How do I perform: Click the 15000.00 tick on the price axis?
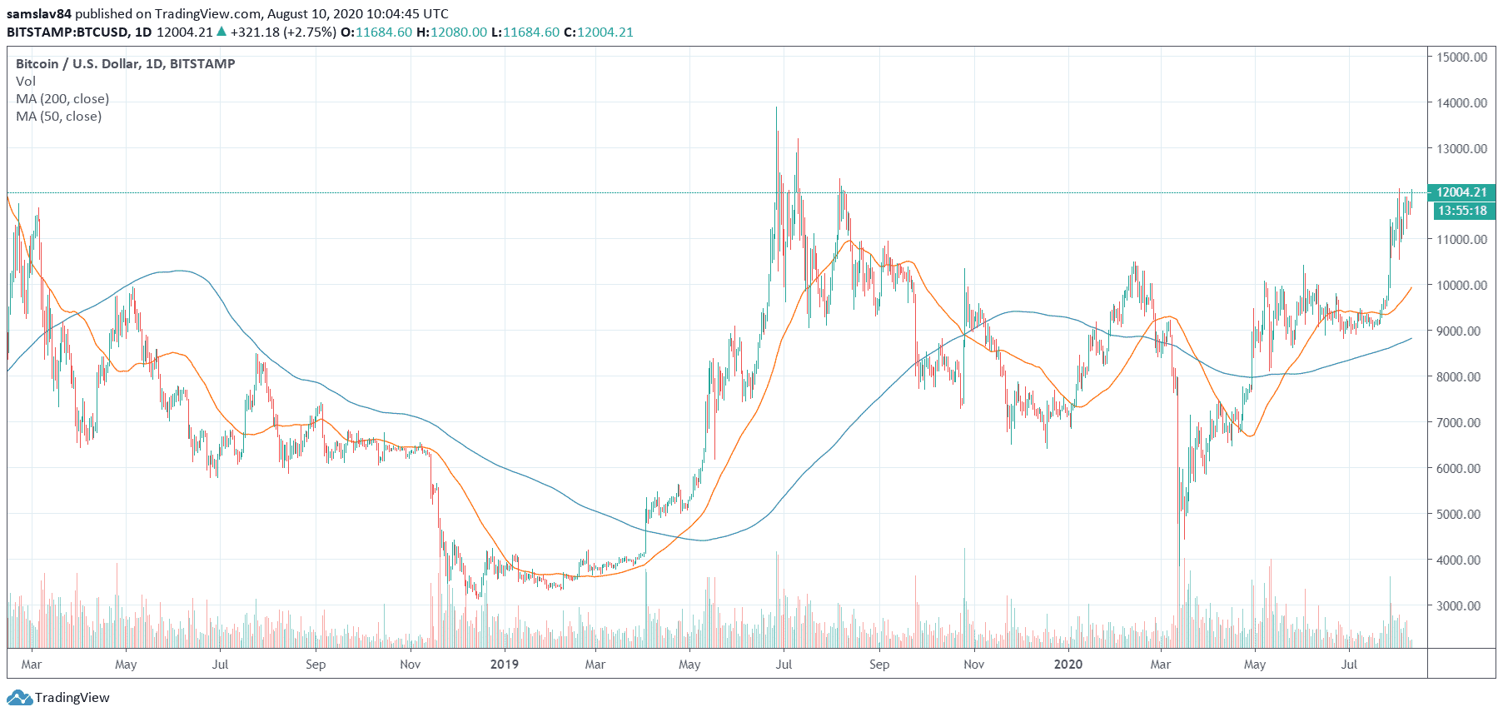(x=1461, y=57)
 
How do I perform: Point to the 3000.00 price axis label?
(x=1461, y=605)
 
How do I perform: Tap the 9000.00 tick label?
(x=1461, y=331)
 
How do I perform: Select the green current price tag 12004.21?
(x=1461, y=192)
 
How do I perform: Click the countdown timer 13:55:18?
(x=1461, y=211)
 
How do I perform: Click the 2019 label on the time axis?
(x=504, y=665)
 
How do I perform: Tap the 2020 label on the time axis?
(x=1068, y=665)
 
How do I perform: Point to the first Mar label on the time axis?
(x=32, y=665)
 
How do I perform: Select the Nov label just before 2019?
(x=410, y=665)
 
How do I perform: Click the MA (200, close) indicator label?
(x=62, y=99)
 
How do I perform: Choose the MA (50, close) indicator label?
(x=58, y=117)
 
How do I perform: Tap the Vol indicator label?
(x=26, y=82)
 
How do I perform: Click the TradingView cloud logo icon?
(x=19, y=698)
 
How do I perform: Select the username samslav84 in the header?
(x=39, y=14)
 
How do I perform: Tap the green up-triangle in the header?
(x=221, y=32)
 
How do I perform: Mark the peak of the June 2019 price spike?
(x=777, y=108)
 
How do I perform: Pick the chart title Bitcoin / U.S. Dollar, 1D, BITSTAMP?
(x=125, y=64)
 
